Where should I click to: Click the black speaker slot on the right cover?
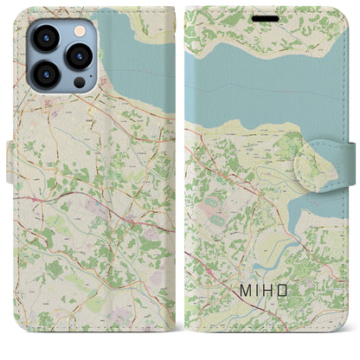click(x=267, y=16)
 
